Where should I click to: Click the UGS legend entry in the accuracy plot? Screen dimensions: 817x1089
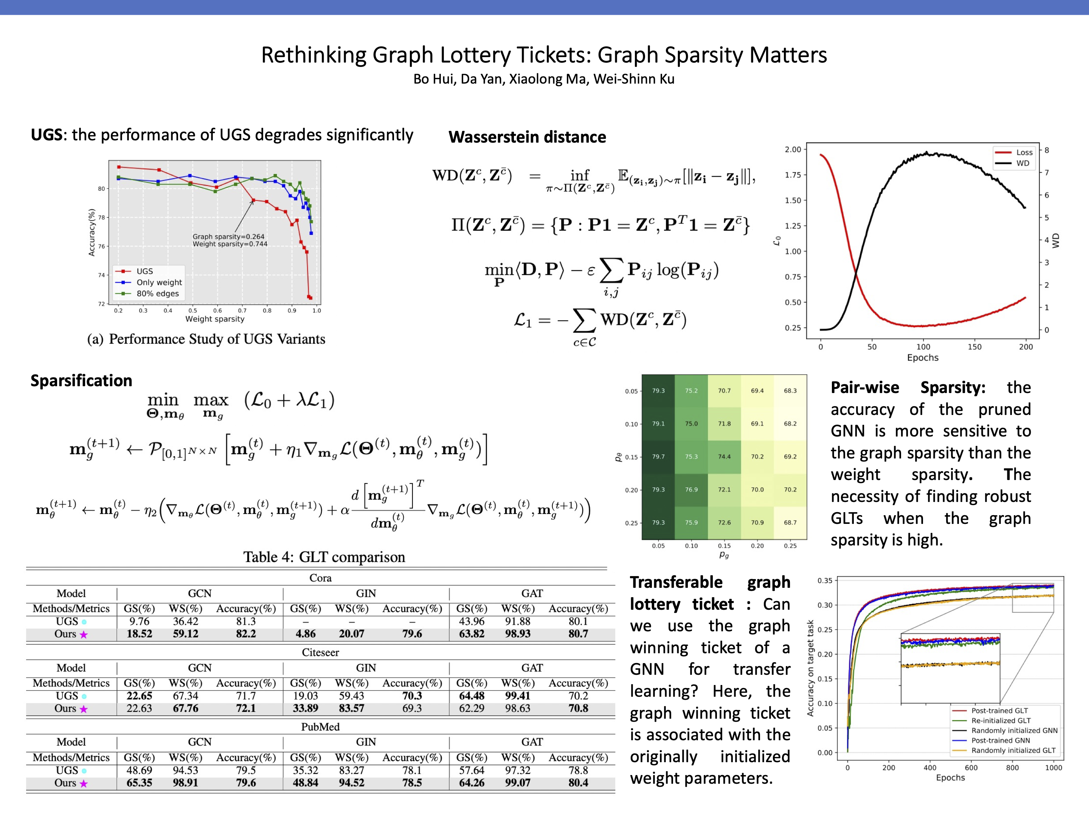tap(144, 271)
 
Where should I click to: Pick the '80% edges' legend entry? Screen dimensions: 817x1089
tap(158, 294)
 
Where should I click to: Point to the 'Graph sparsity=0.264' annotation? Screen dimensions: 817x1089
tap(228, 236)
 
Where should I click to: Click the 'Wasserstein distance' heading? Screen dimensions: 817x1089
tap(527, 137)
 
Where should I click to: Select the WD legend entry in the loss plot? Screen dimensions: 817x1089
tap(1022, 163)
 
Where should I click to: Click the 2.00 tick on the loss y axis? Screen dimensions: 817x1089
tap(793, 149)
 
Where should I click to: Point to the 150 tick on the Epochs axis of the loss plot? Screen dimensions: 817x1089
tap(974, 347)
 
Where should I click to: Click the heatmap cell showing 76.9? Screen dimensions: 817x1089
tap(691, 489)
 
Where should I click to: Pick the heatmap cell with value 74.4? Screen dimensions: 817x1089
tap(724, 457)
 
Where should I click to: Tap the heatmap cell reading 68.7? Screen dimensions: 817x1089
tap(790, 522)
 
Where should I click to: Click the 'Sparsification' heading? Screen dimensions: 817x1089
tap(81, 381)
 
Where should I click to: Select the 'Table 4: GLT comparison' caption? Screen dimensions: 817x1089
tap(324, 557)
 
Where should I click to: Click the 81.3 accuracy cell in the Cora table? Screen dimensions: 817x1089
tap(246, 621)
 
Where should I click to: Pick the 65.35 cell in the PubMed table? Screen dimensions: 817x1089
tap(139, 783)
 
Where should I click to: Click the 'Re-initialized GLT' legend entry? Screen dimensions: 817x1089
tap(1001, 721)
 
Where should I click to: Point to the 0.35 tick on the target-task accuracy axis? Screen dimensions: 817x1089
tap(825, 581)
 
